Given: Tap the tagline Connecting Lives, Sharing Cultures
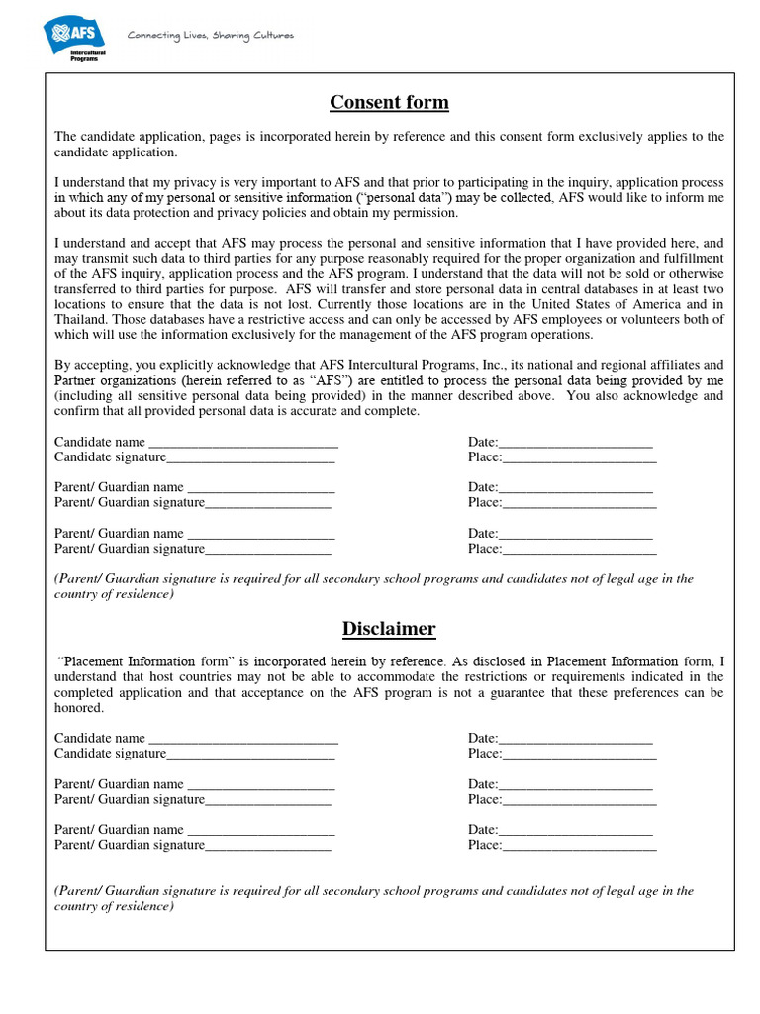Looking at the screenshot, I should (x=210, y=36).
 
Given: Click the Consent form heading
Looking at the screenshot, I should (x=389, y=103).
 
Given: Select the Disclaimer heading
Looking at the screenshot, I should (x=389, y=629).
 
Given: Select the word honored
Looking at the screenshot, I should (x=78, y=708).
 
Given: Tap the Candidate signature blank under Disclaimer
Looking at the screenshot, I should (x=250, y=755).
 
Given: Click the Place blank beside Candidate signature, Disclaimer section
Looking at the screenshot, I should (x=580, y=755).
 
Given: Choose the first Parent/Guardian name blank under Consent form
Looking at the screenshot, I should (x=261, y=488).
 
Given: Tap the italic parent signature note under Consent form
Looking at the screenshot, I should (x=374, y=586).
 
